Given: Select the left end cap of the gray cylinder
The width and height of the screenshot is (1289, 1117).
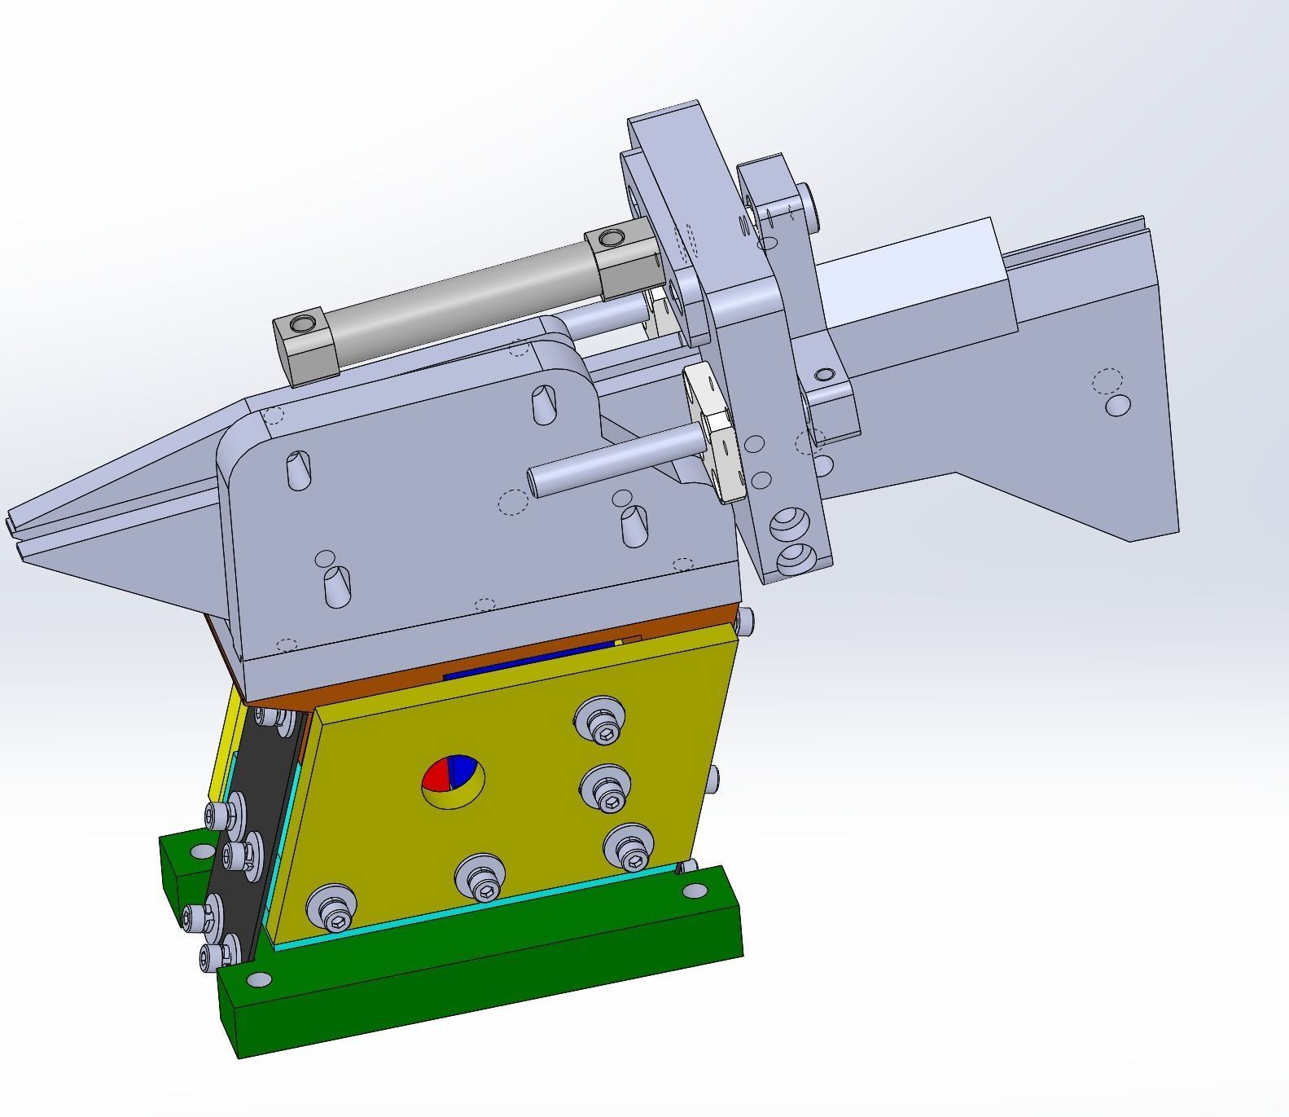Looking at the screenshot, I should pos(306,349).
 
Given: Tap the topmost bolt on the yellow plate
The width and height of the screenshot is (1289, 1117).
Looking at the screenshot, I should pos(600,722).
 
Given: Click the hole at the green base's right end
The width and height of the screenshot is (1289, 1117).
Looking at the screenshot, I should pos(695,891).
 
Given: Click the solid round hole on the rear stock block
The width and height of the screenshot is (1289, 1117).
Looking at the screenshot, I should pos(1118,405).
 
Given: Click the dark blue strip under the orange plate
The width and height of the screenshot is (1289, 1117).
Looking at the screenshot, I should pos(529,661).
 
